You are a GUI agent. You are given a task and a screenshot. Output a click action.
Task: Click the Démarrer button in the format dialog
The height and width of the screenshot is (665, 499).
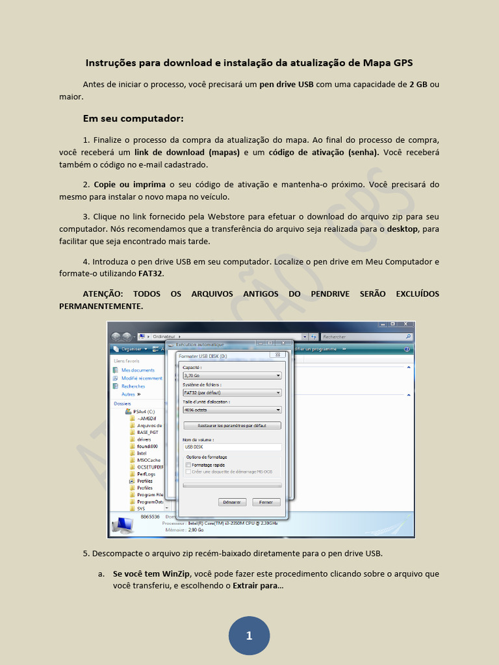pyautogui.click(x=232, y=502)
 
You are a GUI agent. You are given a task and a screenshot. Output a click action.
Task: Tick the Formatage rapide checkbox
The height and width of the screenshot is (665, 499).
pyautogui.click(x=188, y=465)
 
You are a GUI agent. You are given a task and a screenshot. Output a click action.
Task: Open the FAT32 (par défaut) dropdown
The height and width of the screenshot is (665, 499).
pyautogui.click(x=232, y=393)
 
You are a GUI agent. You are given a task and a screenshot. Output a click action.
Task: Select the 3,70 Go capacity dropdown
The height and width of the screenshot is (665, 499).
pyautogui.click(x=232, y=375)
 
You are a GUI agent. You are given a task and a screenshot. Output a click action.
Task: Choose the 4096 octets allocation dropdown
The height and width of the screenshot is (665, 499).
pyautogui.click(x=232, y=410)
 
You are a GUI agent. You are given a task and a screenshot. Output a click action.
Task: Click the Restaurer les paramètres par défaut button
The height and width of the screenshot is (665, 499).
pyautogui.click(x=232, y=426)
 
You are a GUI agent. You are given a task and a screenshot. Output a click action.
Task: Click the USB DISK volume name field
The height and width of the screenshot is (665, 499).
pyautogui.click(x=232, y=447)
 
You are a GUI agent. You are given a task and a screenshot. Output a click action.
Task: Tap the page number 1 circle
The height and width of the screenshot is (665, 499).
pyautogui.click(x=249, y=635)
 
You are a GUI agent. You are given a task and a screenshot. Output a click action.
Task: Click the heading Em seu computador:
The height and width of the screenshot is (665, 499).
pyautogui.click(x=133, y=119)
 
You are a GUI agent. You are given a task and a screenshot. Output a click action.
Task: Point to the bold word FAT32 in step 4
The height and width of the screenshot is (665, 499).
pyautogui.click(x=151, y=273)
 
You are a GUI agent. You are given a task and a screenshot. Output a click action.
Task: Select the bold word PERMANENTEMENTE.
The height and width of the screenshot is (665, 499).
pyautogui.click(x=101, y=306)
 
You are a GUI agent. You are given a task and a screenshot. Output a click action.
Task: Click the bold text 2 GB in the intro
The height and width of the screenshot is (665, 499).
pyautogui.click(x=418, y=84)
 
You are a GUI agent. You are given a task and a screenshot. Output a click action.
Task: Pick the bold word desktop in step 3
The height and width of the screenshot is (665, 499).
pyautogui.click(x=402, y=229)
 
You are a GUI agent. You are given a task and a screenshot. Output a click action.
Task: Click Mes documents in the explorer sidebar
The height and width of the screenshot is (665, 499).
pyautogui.click(x=138, y=370)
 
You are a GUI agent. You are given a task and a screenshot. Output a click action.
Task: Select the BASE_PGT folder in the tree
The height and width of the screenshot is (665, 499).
pyautogui.click(x=147, y=433)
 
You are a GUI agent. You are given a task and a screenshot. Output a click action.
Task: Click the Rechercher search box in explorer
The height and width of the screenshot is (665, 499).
pyautogui.click(x=367, y=337)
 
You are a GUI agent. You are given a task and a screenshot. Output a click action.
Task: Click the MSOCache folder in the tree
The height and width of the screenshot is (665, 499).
pyautogui.click(x=148, y=460)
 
